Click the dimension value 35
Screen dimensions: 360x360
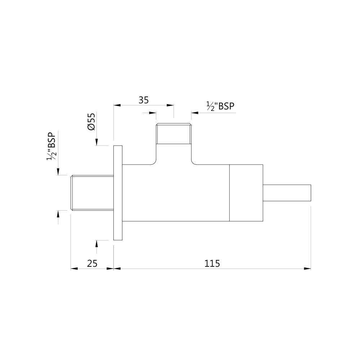click(x=144, y=100)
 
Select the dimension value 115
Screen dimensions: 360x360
click(x=212, y=264)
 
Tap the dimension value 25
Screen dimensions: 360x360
click(x=92, y=264)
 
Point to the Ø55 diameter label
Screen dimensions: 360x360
click(x=91, y=122)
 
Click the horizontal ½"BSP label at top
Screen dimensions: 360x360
click(x=220, y=106)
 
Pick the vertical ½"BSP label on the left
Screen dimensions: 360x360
click(x=51, y=146)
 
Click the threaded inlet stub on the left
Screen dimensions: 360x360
click(x=92, y=193)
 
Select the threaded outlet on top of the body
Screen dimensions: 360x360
click(x=174, y=134)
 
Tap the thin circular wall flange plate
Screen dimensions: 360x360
click(x=118, y=193)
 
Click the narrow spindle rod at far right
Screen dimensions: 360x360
click(x=287, y=193)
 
